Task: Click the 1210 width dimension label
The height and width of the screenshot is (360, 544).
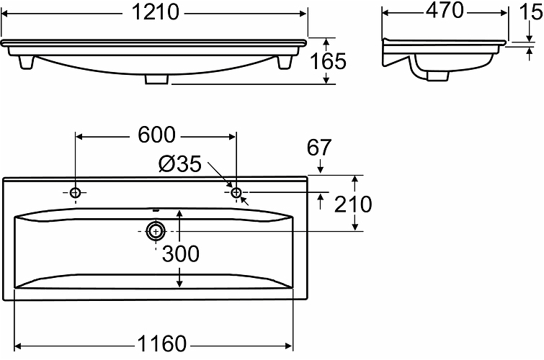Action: click(x=156, y=12)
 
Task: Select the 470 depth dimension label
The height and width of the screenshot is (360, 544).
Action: click(x=445, y=10)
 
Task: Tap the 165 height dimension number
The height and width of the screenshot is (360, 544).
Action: click(x=328, y=61)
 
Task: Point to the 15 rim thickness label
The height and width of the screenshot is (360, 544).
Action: click(x=531, y=12)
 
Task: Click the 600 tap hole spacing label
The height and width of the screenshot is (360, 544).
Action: click(x=157, y=135)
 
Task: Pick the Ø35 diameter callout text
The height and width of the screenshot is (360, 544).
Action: click(x=179, y=163)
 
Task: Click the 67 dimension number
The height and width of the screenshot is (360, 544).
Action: click(x=319, y=148)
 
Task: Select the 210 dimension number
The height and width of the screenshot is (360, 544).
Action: click(x=353, y=204)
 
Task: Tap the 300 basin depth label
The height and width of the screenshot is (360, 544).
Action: click(x=181, y=254)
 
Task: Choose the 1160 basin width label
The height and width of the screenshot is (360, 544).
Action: click(x=162, y=343)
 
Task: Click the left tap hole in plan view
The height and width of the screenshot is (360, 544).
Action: click(x=75, y=192)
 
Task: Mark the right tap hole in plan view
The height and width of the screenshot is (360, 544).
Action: click(x=236, y=192)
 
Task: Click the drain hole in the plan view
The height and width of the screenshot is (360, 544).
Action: click(x=156, y=231)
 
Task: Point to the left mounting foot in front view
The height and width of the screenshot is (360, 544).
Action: click(x=26, y=62)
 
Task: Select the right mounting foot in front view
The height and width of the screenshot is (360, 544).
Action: click(x=285, y=62)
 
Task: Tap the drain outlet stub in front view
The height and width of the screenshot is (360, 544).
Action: click(x=156, y=79)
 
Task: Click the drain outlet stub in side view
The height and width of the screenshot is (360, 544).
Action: click(x=438, y=76)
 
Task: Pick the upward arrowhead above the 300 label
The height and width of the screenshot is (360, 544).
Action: click(x=179, y=214)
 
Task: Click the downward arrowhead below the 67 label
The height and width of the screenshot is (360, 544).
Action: click(x=320, y=169)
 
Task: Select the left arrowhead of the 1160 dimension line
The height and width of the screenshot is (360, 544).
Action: click(x=19, y=346)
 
